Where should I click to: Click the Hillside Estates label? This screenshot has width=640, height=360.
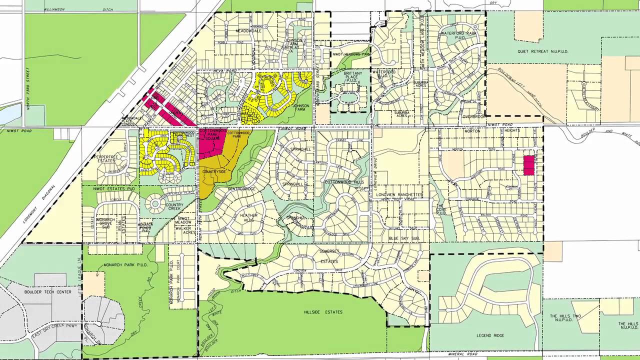tap(323, 312)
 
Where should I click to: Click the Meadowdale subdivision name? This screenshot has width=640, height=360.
tap(248, 31)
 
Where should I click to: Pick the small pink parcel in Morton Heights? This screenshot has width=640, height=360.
tap(528, 165)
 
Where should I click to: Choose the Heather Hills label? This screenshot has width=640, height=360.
tap(249, 218)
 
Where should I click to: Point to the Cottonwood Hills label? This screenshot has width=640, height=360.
tap(344, 182)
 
